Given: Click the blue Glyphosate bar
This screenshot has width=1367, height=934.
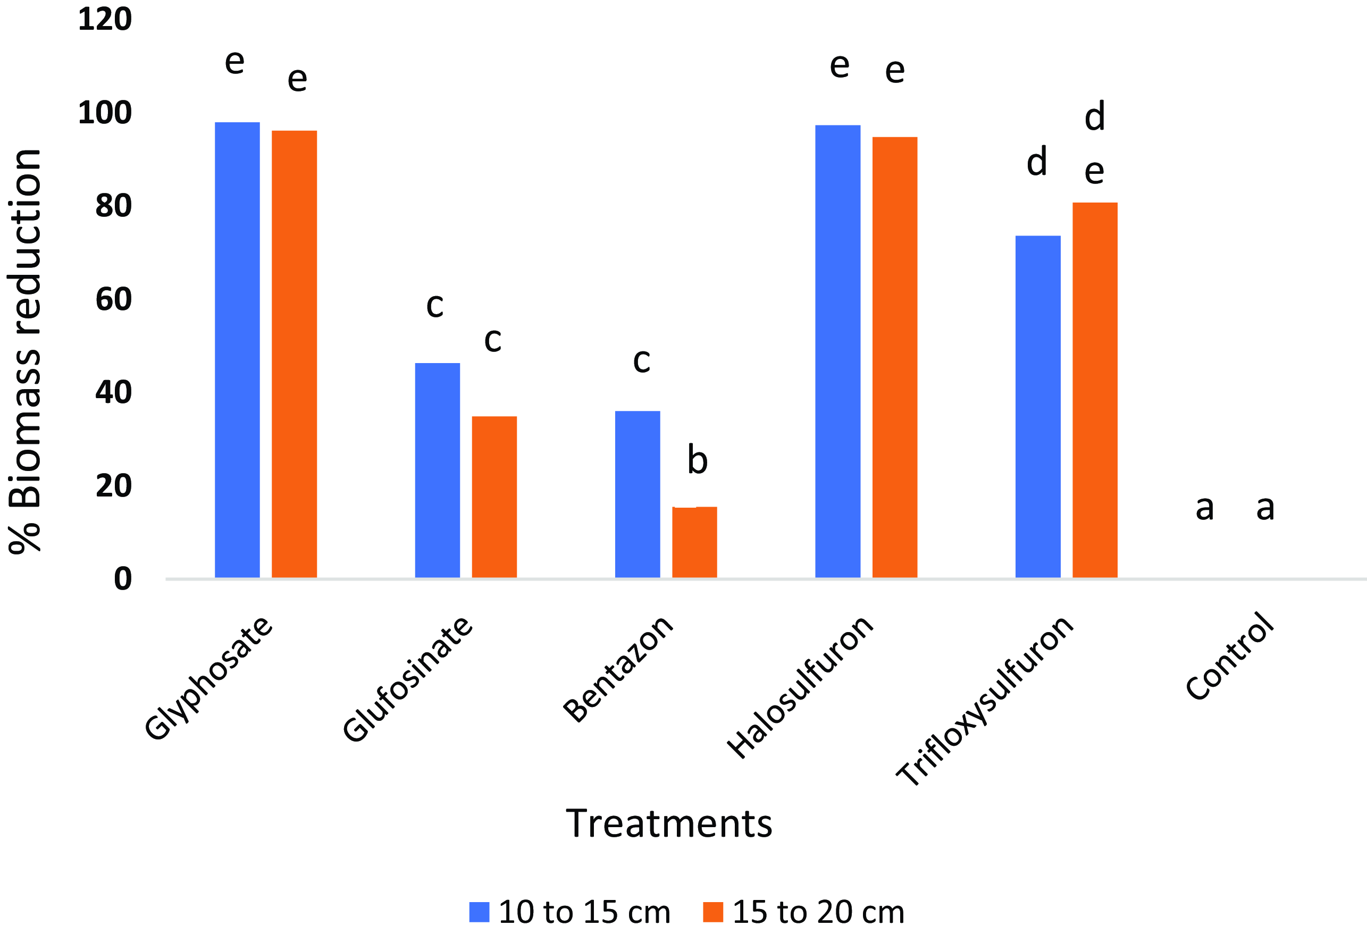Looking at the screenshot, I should point(237,350).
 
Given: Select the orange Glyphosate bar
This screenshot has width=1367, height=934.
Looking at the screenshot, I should point(294,354).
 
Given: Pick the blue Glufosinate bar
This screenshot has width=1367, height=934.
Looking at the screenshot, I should point(437,470).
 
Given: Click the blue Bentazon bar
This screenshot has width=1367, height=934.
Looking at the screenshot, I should point(637,494).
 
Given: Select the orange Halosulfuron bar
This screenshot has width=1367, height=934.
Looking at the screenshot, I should point(894,357).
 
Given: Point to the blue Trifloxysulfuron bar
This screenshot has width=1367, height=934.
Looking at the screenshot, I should point(1037,407).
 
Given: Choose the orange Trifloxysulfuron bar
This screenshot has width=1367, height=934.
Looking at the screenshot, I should point(1095,390).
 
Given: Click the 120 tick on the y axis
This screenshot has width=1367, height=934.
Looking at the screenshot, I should point(105,20).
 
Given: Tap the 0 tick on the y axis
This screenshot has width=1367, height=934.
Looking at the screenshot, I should point(122,579).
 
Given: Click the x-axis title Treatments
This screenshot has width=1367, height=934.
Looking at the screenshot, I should point(669,823).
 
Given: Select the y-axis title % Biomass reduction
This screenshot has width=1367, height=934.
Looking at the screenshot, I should point(24,351).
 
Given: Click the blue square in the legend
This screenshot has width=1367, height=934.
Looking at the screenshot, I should point(479,912).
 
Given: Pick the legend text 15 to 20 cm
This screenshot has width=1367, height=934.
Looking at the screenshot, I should point(818,912).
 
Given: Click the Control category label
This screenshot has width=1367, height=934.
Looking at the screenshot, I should point(1229,657).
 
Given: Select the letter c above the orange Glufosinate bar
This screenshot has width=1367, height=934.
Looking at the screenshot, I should point(492,339).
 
